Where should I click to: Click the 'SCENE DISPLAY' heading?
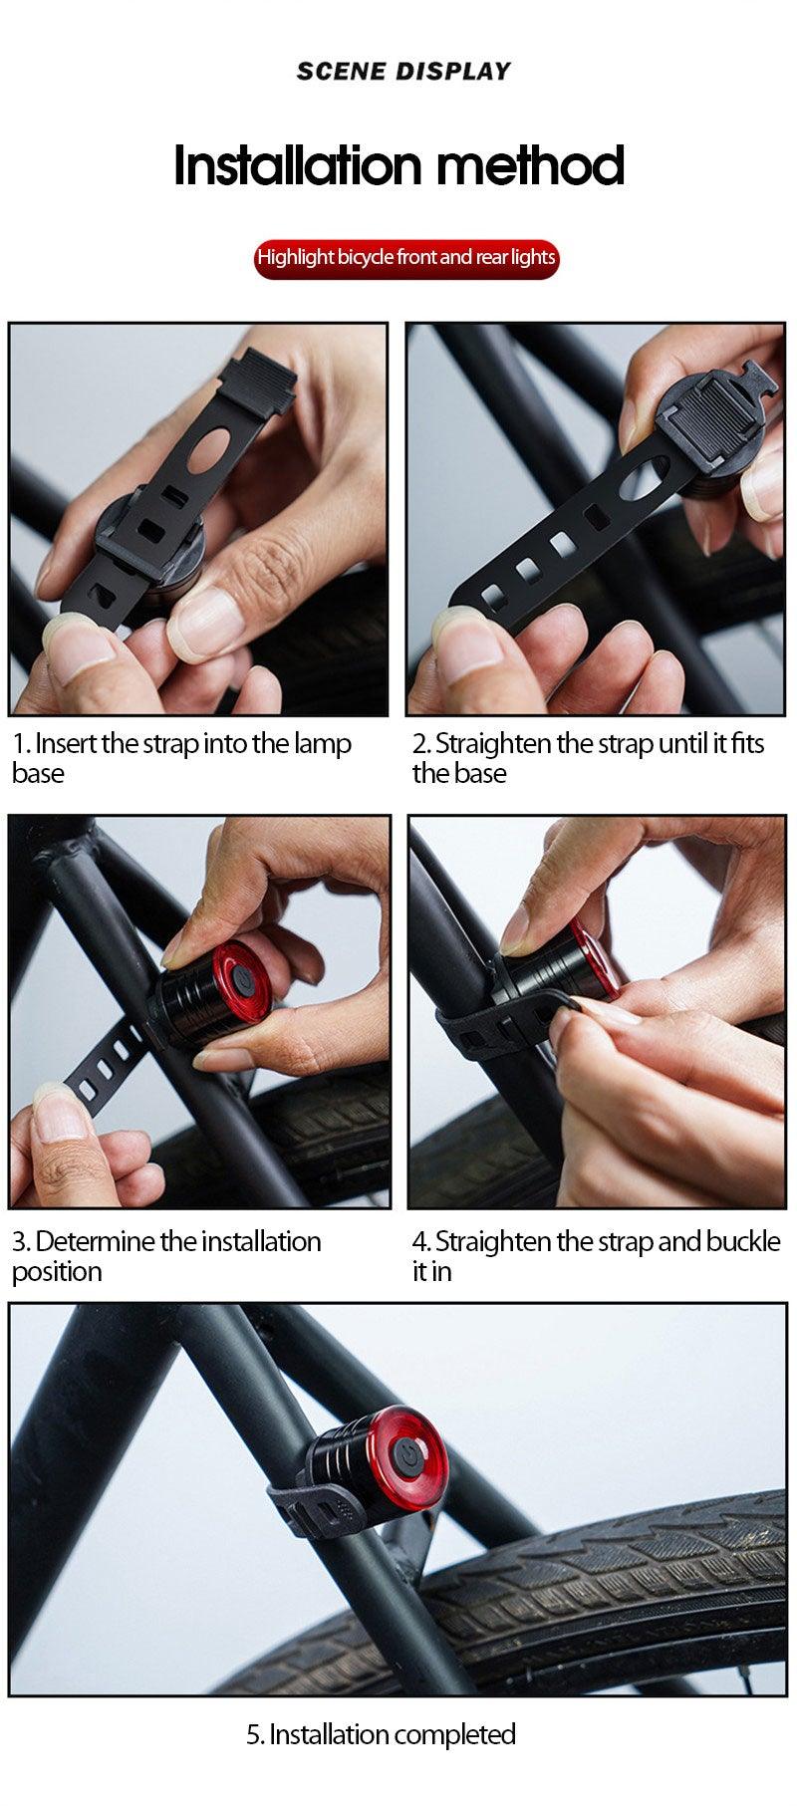[x=403, y=71]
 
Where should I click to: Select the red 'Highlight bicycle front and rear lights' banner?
[x=405, y=258]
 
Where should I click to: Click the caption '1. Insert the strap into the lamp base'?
[x=182, y=758]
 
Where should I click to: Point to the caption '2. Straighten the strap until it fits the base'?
[x=588, y=758]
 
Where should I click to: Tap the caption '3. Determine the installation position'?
[x=166, y=1256]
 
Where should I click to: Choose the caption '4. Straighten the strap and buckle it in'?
[x=596, y=1256]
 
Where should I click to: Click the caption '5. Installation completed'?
[x=381, y=1734]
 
